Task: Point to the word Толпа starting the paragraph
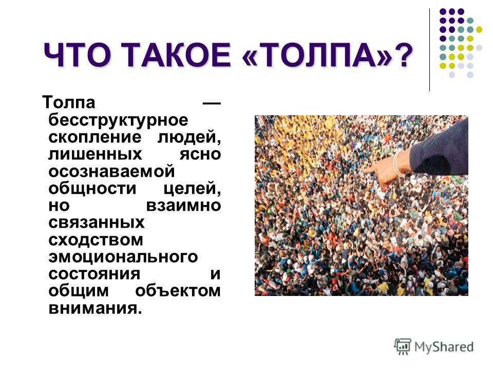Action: pyautogui.click(x=68, y=102)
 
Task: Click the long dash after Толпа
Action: pyautogui.click(x=211, y=103)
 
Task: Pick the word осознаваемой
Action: pyautogui.click(x=111, y=172)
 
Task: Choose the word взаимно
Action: pyautogui.click(x=184, y=206)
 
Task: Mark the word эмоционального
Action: pyautogui.click(x=123, y=257)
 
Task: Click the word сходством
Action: pyautogui.click(x=96, y=240)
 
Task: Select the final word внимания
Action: pyautogui.click(x=96, y=308)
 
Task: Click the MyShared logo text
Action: pyautogui.click(x=444, y=347)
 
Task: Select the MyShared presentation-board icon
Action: pyautogui.click(x=403, y=346)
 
